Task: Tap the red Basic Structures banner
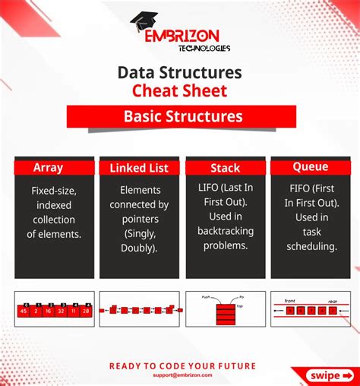[x=180, y=117]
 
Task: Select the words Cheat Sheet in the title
[x=180, y=91]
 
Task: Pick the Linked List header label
[x=139, y=168]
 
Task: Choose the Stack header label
[x=225, y=168]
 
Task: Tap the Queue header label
[x=311, y=166]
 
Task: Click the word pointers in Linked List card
[x=139, y=219]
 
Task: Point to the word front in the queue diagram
[x=290, y=301]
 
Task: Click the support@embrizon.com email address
[x=180, y=375]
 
